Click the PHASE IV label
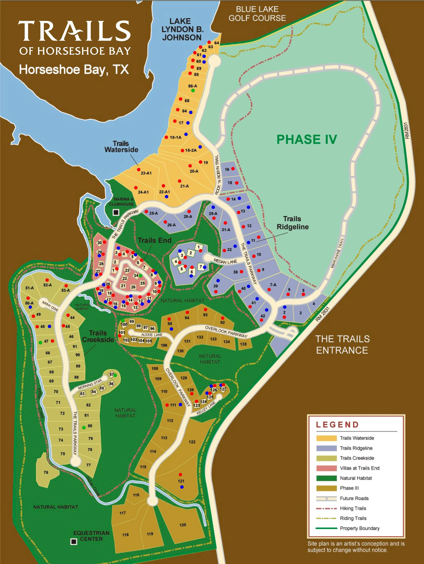click(307, 139)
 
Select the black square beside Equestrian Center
click(74, 542)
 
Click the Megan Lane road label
click(225, 261)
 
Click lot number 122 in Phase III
click(192, 442)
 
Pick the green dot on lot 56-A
click(193, 90)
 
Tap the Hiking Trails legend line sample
click(326, 508)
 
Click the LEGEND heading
click(337, 425)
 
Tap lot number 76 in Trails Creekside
click(46, 472)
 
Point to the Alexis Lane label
click(152, 335)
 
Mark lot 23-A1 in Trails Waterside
click(146, 173)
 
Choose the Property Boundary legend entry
click(360, 528)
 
